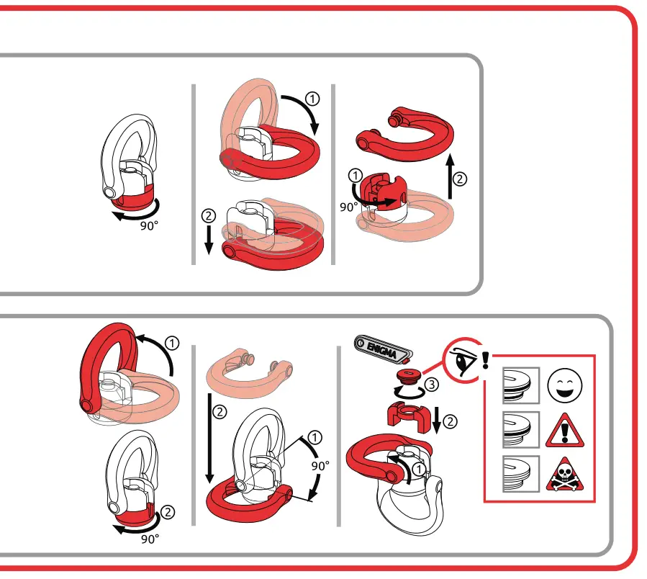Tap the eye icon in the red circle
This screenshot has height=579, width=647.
pos(466,358)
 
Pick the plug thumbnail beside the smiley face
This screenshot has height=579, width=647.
pos(520,386)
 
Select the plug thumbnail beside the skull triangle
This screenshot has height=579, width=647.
pos(520,475)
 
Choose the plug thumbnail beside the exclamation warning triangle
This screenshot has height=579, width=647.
pos(520,431)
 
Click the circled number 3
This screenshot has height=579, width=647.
pos(430,385)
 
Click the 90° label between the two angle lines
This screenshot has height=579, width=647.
pos(320,466)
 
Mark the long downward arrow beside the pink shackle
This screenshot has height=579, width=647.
pos(209,439)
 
